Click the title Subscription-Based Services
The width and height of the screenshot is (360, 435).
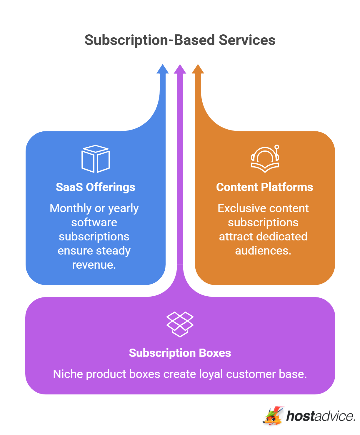(x=180, y=40)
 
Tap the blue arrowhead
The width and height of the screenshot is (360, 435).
(x=162, y=69)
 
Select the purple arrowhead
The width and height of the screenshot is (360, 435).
(x=180, y=69)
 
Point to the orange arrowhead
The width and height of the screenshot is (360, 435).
(x=198, y=69)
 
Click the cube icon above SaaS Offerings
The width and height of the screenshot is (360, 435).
(x=96, y=159)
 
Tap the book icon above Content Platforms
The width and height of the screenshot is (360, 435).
(x=265, y=159)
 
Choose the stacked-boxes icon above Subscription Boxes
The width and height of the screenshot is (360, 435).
(x=180, y=324)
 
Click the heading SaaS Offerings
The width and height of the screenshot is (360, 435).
(x=96, y=187)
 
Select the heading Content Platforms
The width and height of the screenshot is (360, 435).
(x=264, y=187)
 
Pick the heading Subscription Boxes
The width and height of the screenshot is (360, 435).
(x=180, y=353)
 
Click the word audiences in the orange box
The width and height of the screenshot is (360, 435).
(x=263, y=251)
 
